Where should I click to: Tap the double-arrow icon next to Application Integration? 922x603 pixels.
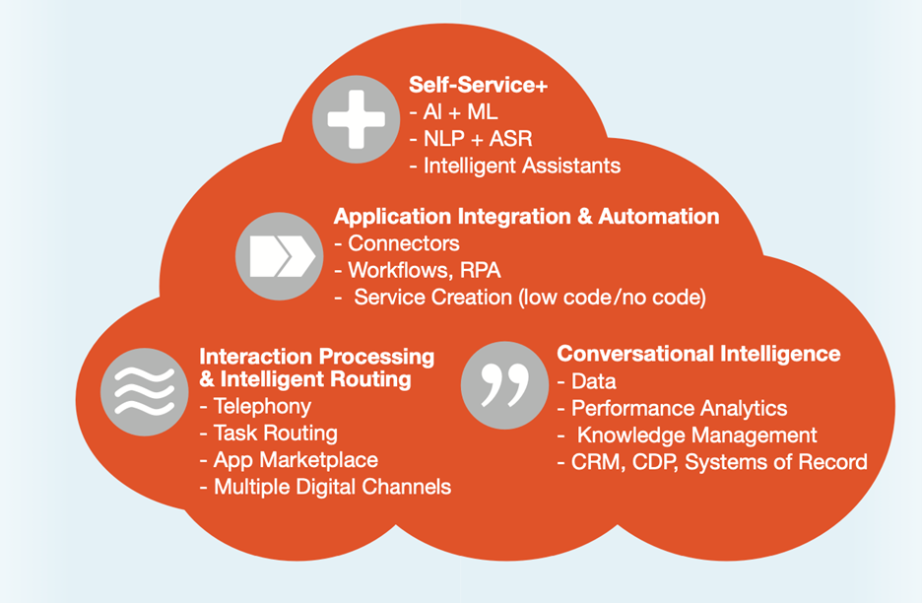[x=279, y=256]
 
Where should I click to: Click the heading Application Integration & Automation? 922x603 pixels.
[x=526, y=216]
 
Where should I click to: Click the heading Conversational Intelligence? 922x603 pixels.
[x=698, y=354]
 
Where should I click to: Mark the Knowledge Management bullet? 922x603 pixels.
[x=696, y=435]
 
